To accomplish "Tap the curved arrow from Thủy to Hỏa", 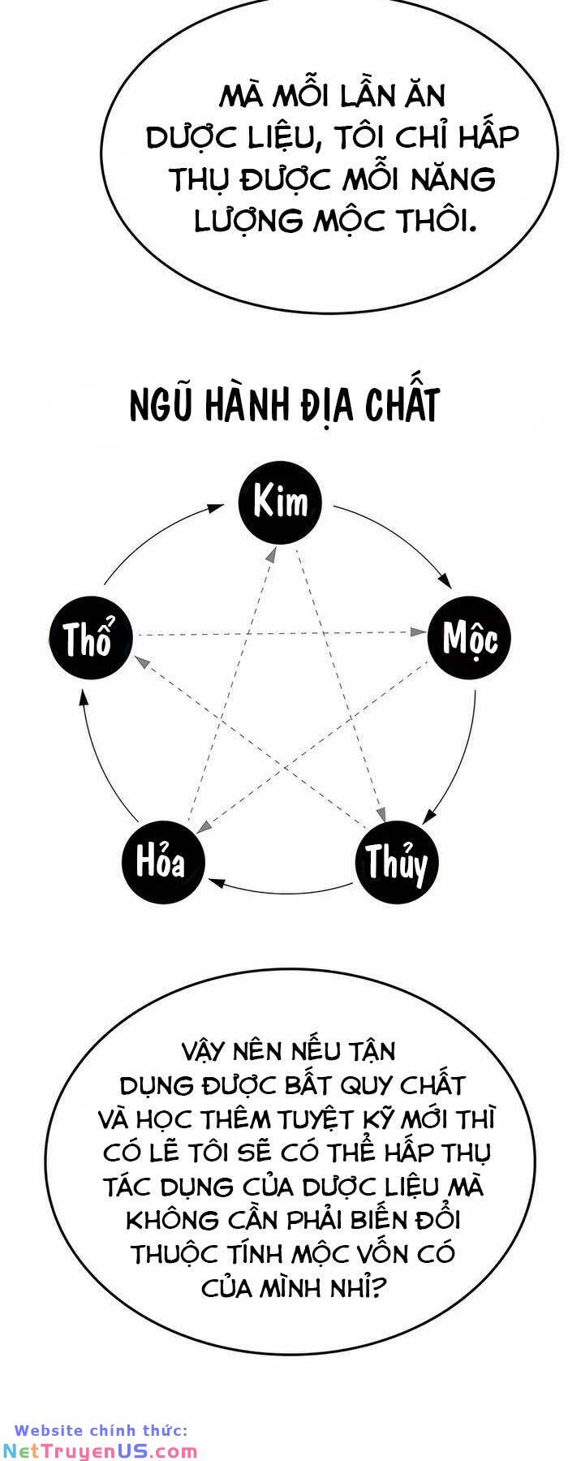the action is click(280, 891).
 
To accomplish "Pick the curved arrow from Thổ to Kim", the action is click(154, 540).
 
